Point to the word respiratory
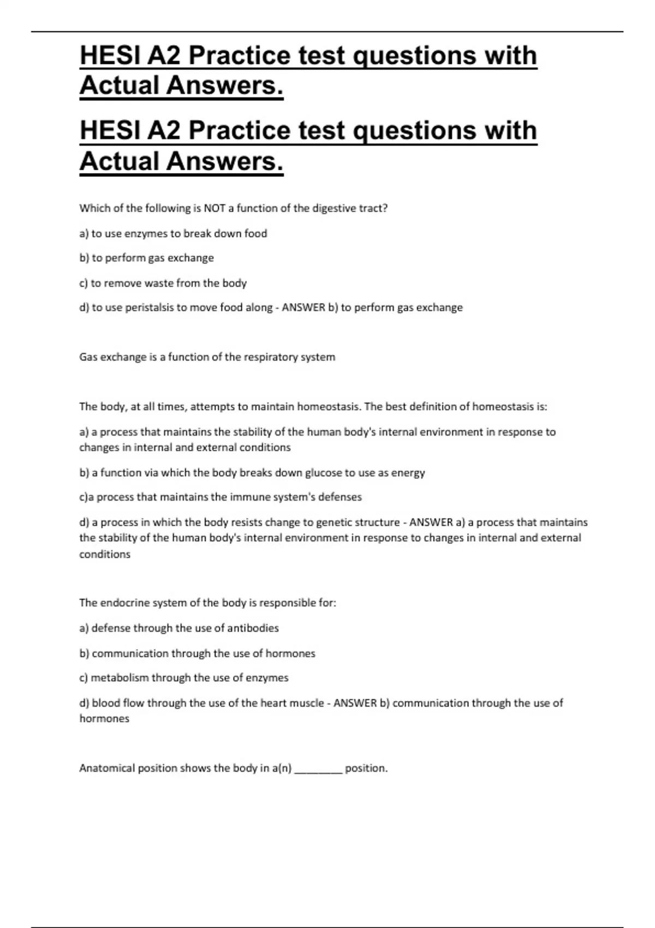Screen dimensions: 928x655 coord(270,357)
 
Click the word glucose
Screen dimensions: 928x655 coord(324,473)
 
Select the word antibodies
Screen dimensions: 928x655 coord(253,628)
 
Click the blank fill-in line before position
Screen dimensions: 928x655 coord(318,769)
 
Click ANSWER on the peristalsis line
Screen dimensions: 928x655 coord(303,307)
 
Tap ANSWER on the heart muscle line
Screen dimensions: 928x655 coord(355,703)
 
